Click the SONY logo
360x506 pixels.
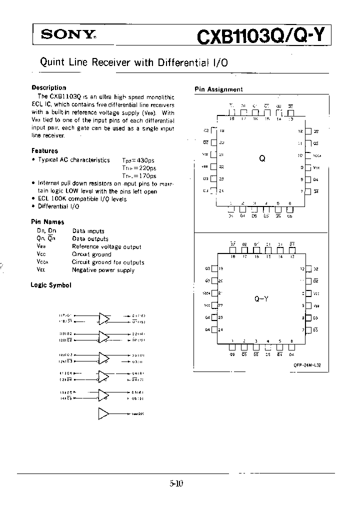[x=67, y=34]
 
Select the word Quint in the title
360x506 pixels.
[x=50, y=62]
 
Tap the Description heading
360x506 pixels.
[x=48, y=87]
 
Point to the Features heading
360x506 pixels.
[x=44, y=150]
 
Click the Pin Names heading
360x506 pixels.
[x=47, y=221]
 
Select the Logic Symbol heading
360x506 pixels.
[x=50, y=285]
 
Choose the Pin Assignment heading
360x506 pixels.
[x=218, y=89]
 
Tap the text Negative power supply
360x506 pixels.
[x=103, y=270]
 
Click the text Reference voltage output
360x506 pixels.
[x=106, y=246]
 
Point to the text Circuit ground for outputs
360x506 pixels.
[x=108, y=262]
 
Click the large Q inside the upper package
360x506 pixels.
[x=261, y=158]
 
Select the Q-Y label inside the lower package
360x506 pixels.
[x=261, y=299]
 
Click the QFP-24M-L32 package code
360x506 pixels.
[x=307, y=365]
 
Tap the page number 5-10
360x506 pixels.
[x=176, y=483]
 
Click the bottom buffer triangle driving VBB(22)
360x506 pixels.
[x=104, y=413]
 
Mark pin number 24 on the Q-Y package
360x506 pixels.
[x=221, y=329]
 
